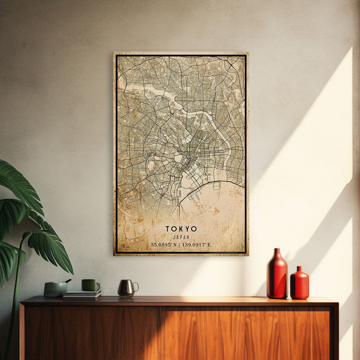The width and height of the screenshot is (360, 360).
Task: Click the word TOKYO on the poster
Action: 181,229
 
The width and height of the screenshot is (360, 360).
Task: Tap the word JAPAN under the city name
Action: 181,237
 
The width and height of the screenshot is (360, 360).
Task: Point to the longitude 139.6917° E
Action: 197,245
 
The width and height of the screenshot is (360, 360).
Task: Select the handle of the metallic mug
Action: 136,286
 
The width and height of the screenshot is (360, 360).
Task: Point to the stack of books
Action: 82,294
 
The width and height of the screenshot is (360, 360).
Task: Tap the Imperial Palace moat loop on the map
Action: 179,159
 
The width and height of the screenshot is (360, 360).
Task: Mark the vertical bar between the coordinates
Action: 179,245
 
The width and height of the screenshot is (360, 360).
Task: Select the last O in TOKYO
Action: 194,229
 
